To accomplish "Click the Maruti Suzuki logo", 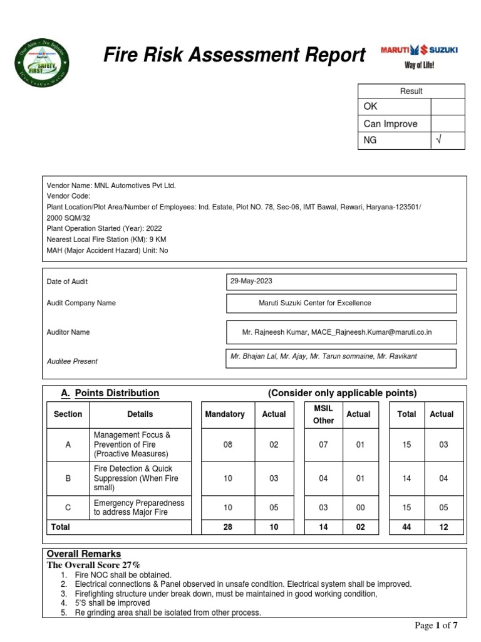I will tap(419, 55).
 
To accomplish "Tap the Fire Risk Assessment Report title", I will tap(234, 56).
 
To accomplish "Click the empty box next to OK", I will tap(448, 107).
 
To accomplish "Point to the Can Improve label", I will tap(390, 124).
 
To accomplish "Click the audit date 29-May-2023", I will tap(251, 282).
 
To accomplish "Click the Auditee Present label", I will tap(72, 361).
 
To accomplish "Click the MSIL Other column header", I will tap(323, 414).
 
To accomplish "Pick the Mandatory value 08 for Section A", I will tap(227, 445).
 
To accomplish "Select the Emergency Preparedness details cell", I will tap(139, 507).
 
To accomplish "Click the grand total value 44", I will tap(406, 527).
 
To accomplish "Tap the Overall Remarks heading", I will tap(84, 554).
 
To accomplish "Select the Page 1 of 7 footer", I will tap(437, 625).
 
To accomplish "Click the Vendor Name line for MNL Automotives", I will tap(111, 186).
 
